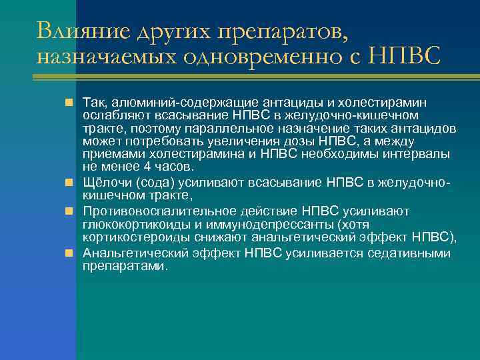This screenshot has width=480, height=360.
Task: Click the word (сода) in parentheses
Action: [151, 183]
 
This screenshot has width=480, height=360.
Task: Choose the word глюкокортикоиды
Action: [132, 225]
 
